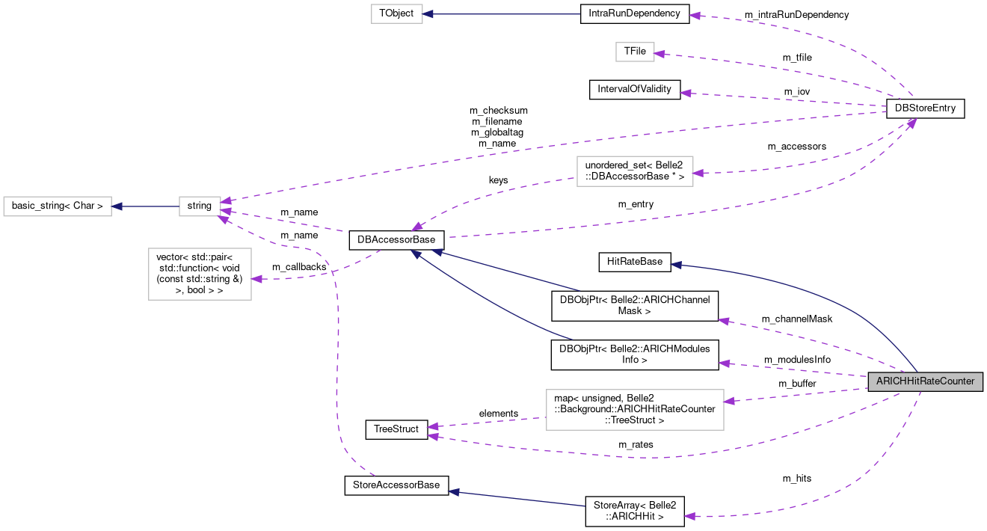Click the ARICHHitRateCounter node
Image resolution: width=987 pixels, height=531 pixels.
pos(925,381)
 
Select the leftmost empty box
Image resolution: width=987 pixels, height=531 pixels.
pos(58,206)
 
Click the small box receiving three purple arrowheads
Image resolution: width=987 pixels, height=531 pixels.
pos(200,206)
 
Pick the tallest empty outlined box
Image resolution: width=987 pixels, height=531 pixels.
pos(200,274)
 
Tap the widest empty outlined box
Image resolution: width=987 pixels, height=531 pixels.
pos(635,410)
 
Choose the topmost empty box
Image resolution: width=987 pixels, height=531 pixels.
pos(397,13)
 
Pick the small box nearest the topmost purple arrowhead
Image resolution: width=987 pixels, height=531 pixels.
pos(635,52)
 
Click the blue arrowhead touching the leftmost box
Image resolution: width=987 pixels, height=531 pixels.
pos(117,206)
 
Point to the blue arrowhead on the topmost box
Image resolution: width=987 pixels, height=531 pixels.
pos(428,13)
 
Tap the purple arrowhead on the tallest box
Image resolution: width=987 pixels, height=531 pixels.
pos(256,279)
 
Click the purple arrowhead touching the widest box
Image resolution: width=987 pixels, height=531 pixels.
pos(729,402)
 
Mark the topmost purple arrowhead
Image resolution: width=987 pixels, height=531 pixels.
pos(694,15)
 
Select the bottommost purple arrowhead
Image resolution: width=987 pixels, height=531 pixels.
pos(689,516)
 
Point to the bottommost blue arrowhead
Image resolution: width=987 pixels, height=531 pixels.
pos(452,491)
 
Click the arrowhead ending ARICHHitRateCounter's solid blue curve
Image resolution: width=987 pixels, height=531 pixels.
pos(675,265)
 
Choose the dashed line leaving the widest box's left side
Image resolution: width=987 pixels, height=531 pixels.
pos(486,422)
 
